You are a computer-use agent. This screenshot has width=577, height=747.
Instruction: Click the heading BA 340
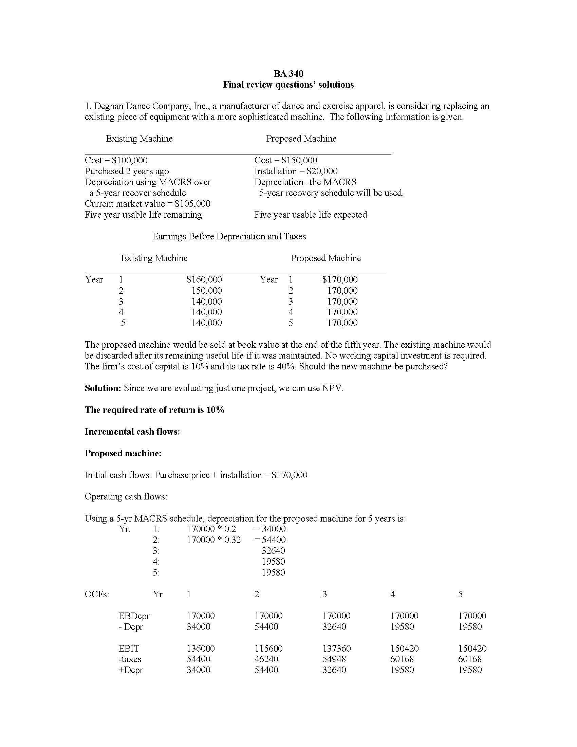288,74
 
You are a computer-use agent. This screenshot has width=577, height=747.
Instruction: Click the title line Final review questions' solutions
288,85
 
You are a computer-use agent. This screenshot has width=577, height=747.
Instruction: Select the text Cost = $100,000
116,160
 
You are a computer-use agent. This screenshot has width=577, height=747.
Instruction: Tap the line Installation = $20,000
296,171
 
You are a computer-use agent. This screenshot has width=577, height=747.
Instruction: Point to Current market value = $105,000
147,204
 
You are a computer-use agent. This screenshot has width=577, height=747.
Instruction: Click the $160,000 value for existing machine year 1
204,279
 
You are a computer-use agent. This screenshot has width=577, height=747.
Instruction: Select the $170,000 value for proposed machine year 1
339,279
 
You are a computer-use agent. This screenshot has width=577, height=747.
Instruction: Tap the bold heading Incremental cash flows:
132,432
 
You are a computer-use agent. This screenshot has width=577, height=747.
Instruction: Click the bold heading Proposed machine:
123,454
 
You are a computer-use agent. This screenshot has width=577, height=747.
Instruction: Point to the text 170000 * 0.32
213,540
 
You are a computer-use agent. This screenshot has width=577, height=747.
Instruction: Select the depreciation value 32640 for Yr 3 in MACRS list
273,551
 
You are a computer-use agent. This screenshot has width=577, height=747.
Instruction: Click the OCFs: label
97,595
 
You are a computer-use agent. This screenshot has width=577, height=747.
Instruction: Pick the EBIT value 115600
268,649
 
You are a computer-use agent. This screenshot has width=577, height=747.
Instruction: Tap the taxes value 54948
334,659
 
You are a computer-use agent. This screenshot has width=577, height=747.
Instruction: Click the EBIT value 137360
336,649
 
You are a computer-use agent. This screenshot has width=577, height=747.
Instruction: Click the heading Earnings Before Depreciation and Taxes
229,236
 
